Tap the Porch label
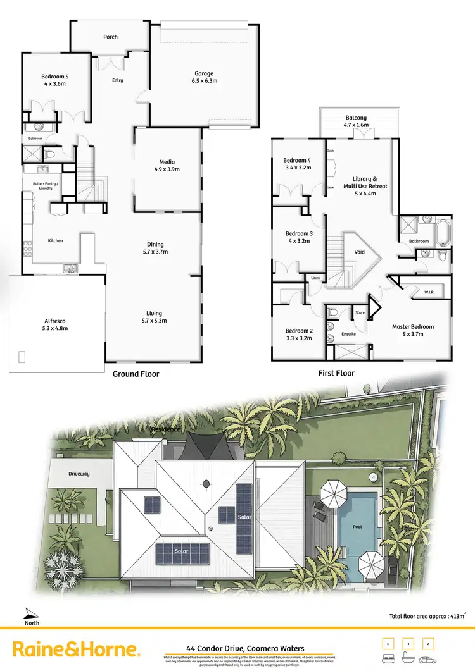(110, 37)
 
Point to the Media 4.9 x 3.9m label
(167, 165)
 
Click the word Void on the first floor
(359, 252)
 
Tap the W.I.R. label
(428, 292)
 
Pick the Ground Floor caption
(136, 374)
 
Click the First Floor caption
(336, 373)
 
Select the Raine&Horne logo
(76, 649)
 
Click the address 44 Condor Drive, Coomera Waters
(245, 648)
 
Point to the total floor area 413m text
(428, 615)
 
